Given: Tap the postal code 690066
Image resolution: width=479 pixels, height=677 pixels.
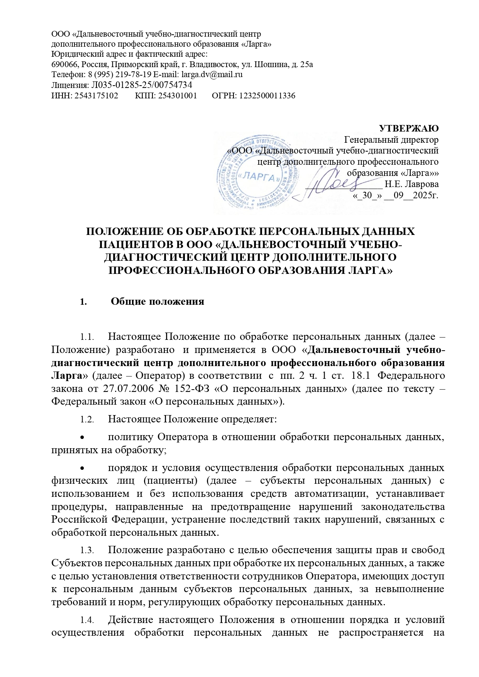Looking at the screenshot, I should (x=63, y=64).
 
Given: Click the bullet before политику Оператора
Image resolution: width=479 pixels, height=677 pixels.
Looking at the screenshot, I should (x=81, y=437).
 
